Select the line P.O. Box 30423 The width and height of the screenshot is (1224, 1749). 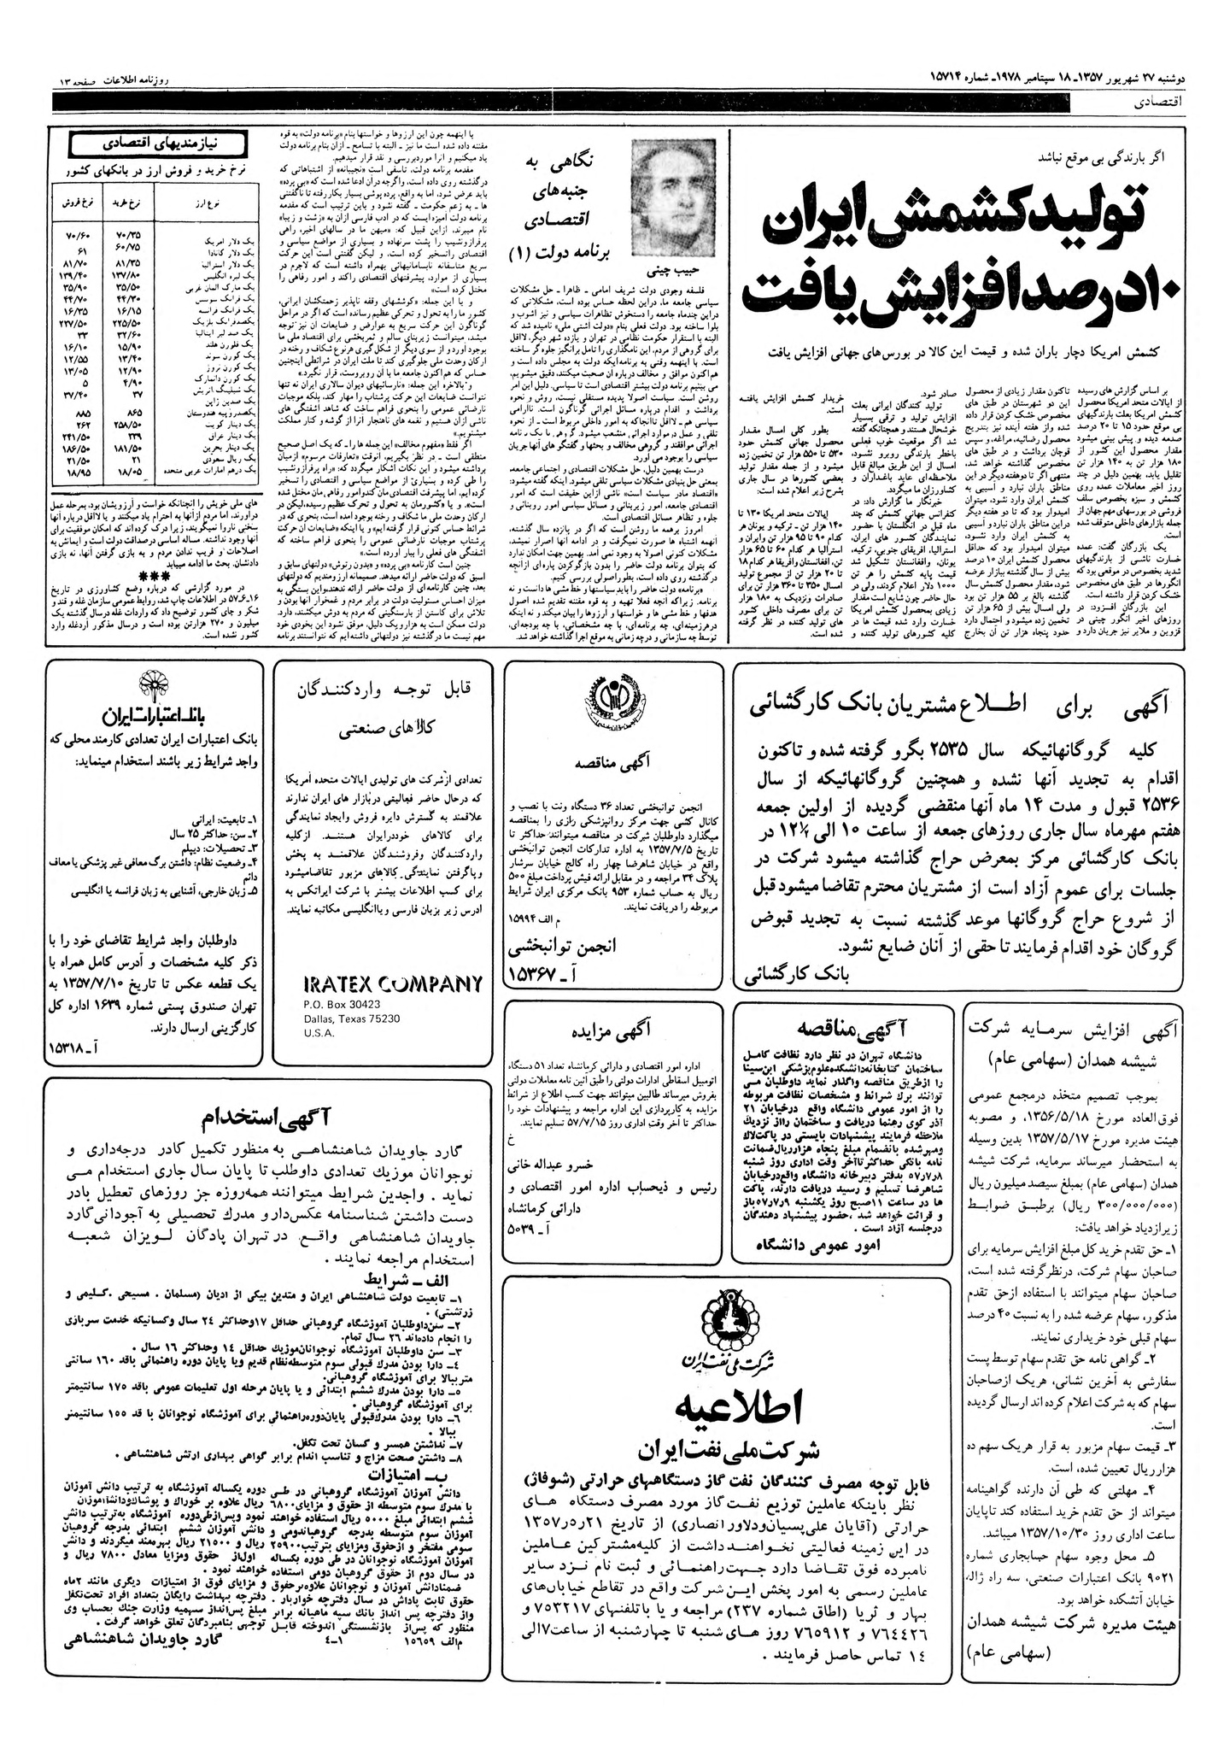click(342, 1005)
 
